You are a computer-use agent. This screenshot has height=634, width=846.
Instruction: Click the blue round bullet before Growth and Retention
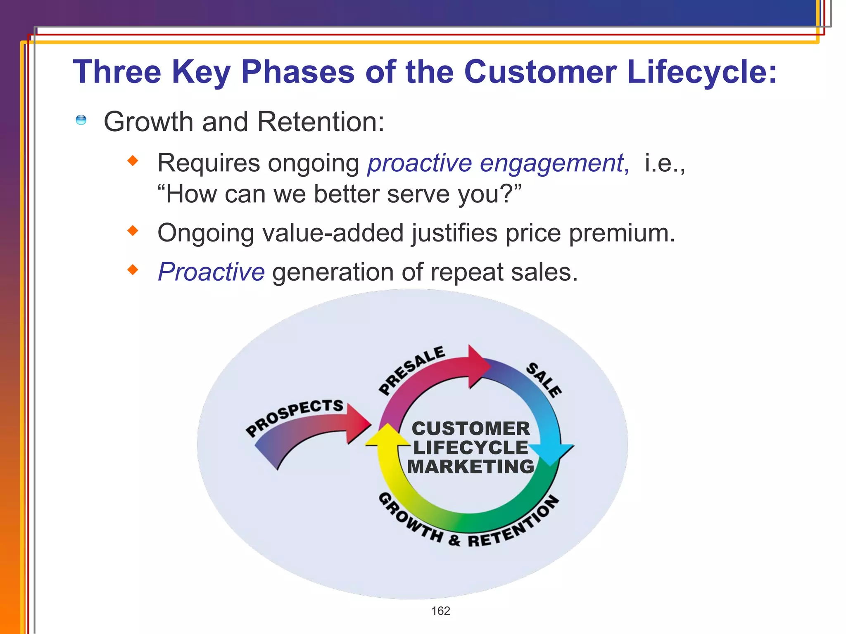tap(81, 120)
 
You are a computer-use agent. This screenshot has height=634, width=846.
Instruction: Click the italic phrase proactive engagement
tap(498, 163)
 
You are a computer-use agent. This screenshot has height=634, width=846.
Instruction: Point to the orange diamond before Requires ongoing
tap(133, 161)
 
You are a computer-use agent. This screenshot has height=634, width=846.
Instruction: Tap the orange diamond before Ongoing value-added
tap(133, 230)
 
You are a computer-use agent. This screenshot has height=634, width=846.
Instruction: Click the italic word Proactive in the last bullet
tap(211, 272)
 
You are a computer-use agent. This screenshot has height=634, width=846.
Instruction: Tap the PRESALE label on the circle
tap(411, 370)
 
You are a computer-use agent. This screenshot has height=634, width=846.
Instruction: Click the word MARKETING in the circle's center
tap(471, 467)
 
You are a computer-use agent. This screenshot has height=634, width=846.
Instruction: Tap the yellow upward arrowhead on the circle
tap(387, 437)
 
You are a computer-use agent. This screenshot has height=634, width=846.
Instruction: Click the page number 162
tap(440, 611)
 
